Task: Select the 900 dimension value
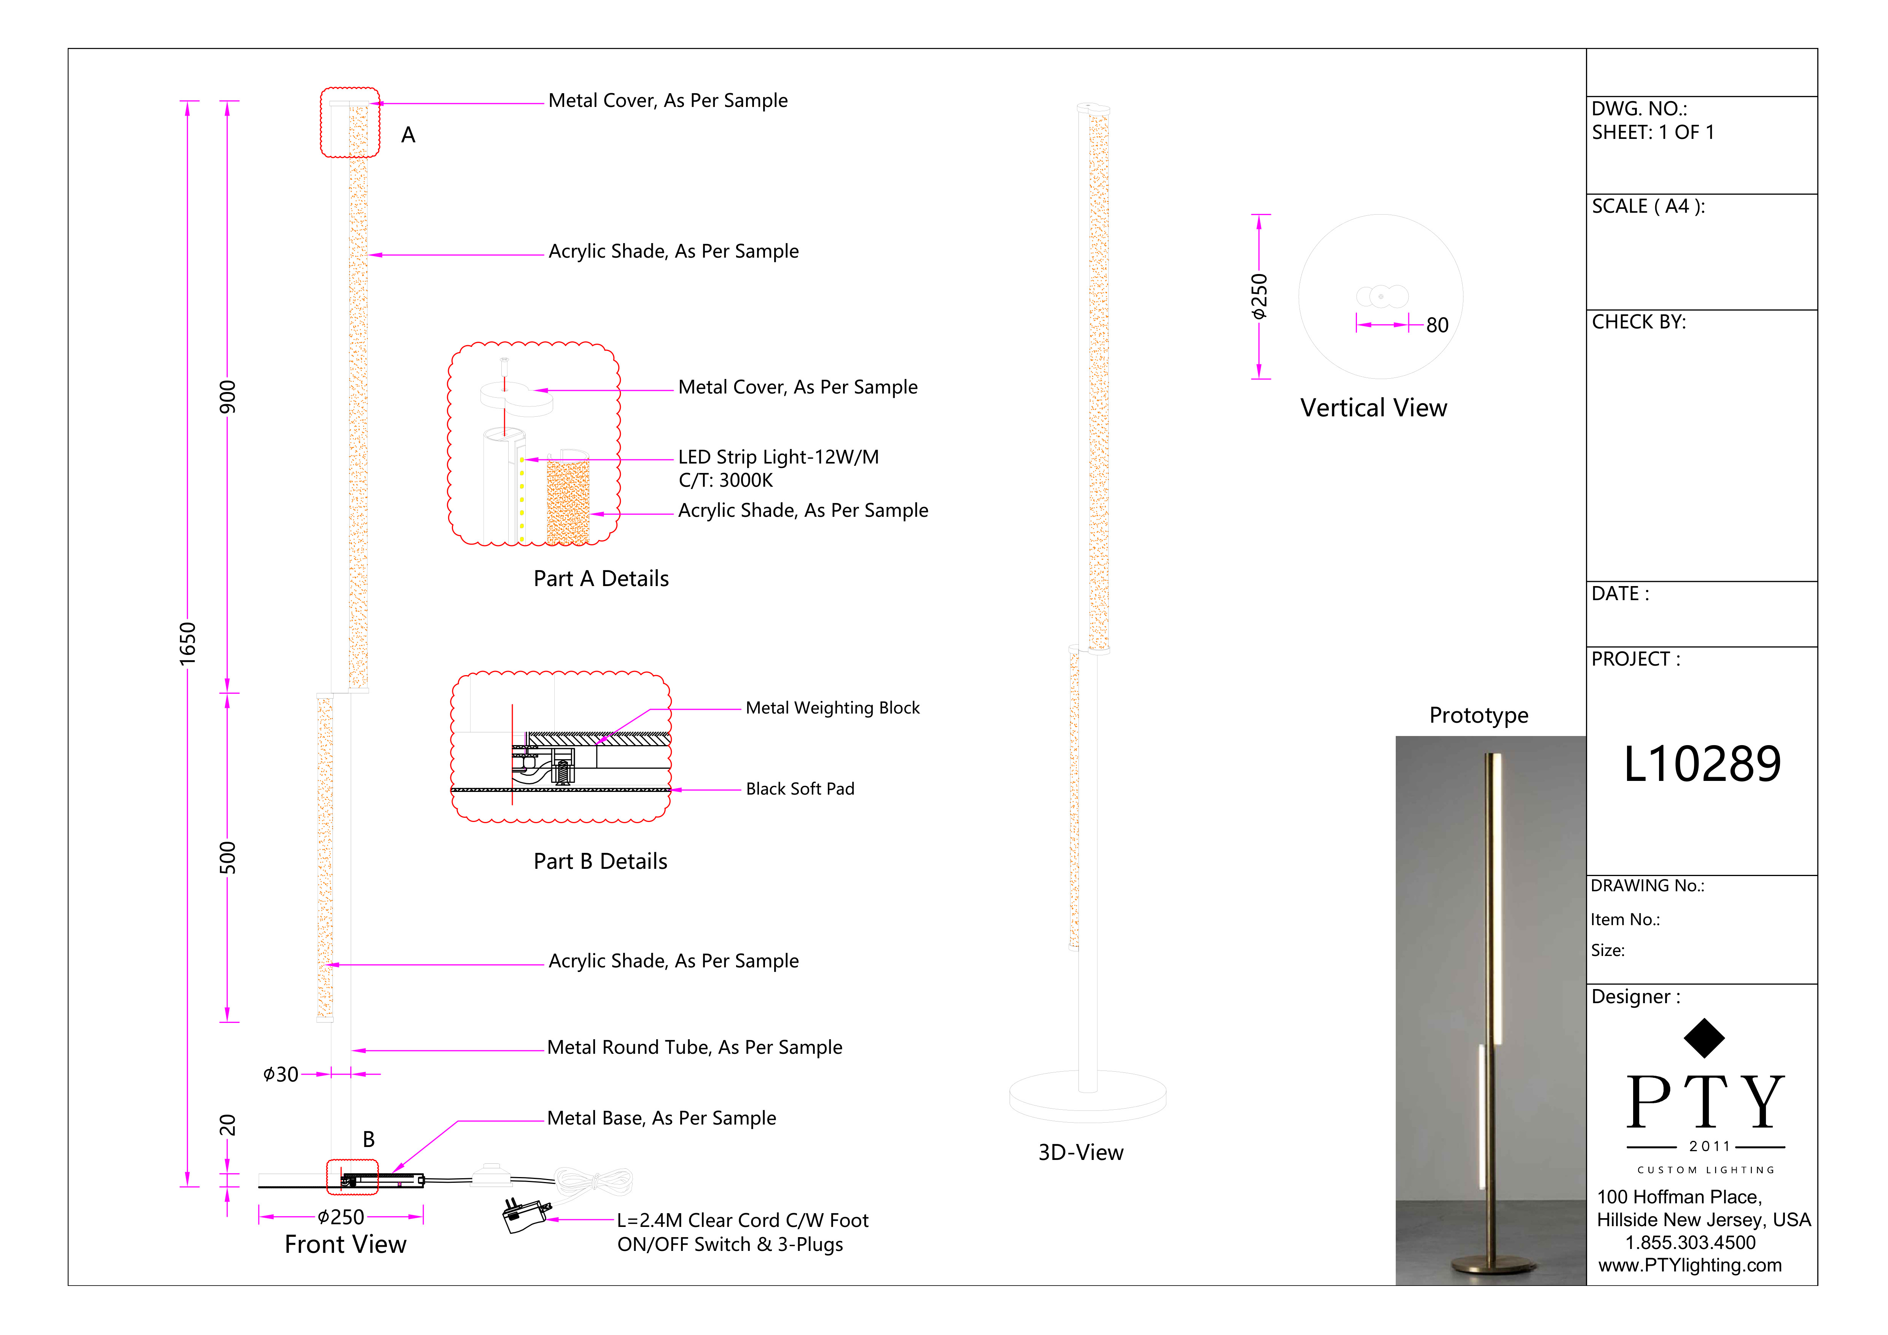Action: tap(227, 397)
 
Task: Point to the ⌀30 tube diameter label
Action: tap(280, 1074)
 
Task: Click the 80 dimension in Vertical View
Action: tap(1436, 326)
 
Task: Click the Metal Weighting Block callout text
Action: tap(832, 708)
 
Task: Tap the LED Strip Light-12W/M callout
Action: tap(778, 457)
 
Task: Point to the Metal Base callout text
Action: tap(661, 1118)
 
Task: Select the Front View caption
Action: tap(345, 1244)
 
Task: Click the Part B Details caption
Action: tap(600, 861)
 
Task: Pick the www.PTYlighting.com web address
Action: tap(1690, 1265)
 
